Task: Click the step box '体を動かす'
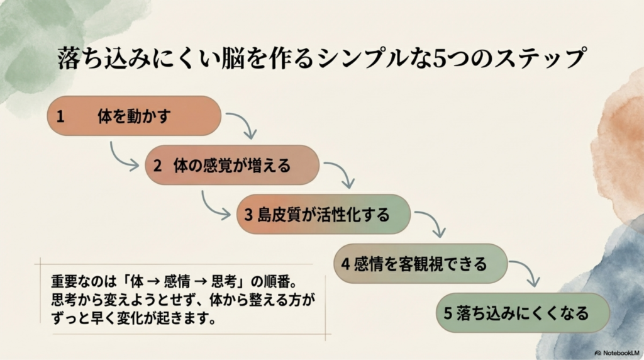click(x=134, y=116)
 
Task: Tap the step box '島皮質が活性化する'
click(x=323, y=214)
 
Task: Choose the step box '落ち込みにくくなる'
click(x=523, y=312)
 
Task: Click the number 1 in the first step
click(x=60, y=116)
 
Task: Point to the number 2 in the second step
click(x=158, y=166)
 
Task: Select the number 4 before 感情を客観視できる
click(x=345, y=264)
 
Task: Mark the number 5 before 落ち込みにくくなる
click(x=448, y=313)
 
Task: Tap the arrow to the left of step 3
click(x=214, y=205)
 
